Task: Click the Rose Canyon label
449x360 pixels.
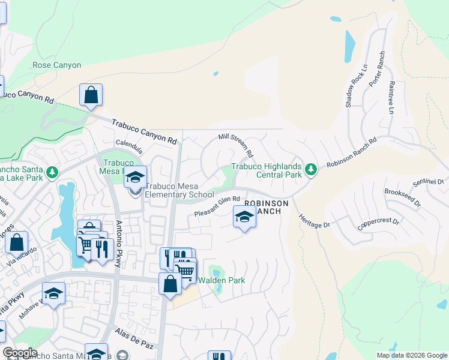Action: [x=56, y=65]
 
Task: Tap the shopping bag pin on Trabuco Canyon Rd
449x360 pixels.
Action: [x=91, y=95]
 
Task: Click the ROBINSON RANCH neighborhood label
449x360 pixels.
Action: [x=267, y=208]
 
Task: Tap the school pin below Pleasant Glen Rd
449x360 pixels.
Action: [x=244, y=217]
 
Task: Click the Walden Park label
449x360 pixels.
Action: [x=221, y=280]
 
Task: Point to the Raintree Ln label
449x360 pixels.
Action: [x=391, y=98]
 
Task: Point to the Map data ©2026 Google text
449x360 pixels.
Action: [x=412, y=355]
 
